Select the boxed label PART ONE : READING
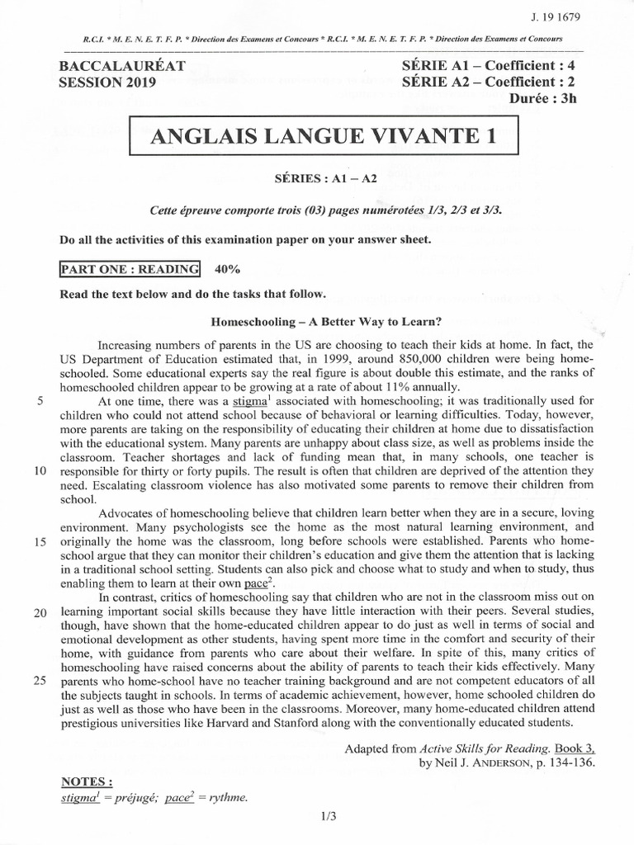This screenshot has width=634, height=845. coord(130,269)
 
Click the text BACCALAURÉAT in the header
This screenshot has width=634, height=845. coord(123,66)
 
